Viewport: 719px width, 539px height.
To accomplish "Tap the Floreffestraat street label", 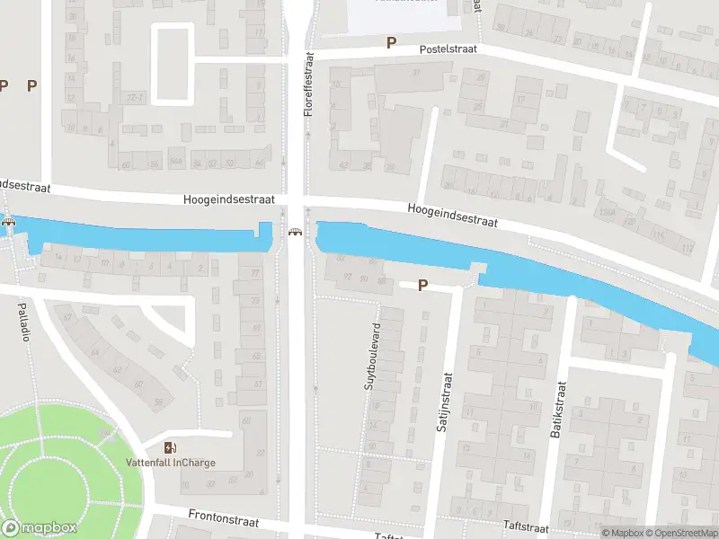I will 308,84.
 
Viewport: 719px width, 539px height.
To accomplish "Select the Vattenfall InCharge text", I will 170,463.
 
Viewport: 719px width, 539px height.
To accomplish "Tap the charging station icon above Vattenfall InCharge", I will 170,447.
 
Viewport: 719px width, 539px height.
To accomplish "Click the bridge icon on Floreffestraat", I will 294,233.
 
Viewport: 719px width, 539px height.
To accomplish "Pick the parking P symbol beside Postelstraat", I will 391,42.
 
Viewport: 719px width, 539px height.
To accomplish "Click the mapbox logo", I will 39,528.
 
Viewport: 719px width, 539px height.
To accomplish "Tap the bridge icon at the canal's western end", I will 9,223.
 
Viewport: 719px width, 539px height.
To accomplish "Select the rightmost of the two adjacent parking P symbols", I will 32,85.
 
